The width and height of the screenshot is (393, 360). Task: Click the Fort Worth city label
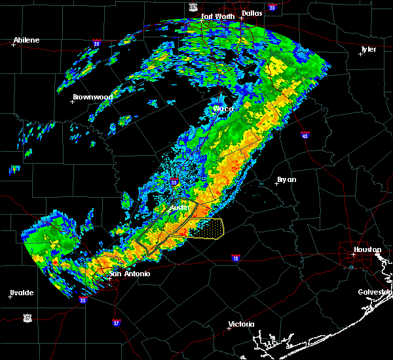(217, 16)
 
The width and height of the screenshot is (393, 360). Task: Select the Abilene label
(26, 40)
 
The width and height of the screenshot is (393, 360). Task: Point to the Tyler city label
(367, 49)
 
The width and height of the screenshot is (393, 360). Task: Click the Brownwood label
(92, 97)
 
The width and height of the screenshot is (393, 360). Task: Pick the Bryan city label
(287, 179)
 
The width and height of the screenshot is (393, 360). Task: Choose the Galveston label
(374, 292)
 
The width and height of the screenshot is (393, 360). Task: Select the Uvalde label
(22, 292)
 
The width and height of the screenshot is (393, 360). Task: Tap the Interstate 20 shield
(97, 44)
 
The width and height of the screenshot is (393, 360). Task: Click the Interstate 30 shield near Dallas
(271, 7)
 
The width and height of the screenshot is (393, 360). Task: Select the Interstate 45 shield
(305, 135)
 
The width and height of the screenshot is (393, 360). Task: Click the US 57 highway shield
(27, 317)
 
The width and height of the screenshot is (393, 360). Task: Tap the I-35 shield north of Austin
(174, 182)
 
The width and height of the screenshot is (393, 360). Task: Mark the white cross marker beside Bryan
(276, 183)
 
